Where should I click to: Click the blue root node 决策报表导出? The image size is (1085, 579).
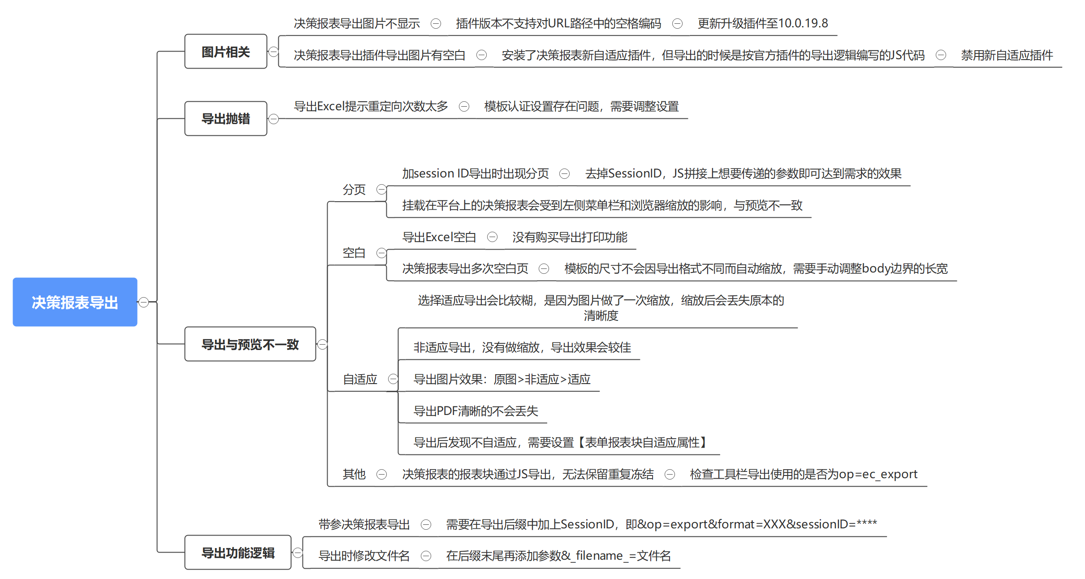coord(75,302)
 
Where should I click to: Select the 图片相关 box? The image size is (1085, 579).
coord(225,52)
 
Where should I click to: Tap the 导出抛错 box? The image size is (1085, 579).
coord(225,119)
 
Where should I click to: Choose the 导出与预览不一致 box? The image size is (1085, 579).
coord(250,344)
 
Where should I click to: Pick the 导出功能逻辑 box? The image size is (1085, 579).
coord(238,553)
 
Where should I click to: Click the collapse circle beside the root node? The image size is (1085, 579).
coord(143,302)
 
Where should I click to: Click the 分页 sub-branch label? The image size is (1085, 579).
coord(354,190)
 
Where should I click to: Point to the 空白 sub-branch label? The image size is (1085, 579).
coord(354,253)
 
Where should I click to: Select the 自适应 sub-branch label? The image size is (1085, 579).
coord(360,379)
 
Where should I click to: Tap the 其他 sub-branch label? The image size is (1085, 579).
coord(354,474)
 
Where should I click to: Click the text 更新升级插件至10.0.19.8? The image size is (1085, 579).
coord(762,23)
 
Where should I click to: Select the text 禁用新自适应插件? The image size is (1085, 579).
coord(1007,55)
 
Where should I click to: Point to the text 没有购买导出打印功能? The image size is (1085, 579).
coord(570,237)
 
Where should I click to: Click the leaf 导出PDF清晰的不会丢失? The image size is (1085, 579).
coord(475,411)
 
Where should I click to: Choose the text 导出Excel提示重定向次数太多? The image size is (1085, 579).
coord(371,106)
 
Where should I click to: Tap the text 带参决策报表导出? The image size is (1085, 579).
coord(364,524)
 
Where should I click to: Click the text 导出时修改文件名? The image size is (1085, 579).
coord(364,556)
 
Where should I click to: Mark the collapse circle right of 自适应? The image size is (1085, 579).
coord(393,379)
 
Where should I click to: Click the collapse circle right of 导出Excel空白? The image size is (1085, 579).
coord(492,237)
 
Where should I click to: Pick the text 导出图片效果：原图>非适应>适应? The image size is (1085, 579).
coord(502,379)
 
